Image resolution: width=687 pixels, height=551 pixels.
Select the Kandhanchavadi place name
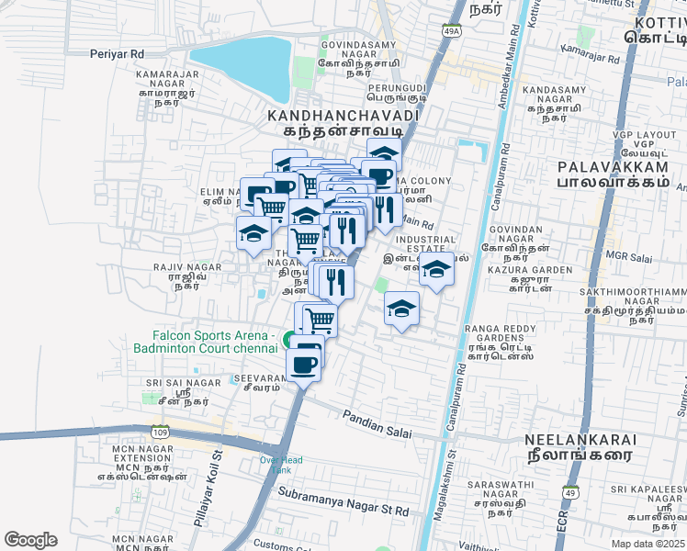pyautogui.click(x=343, y=117)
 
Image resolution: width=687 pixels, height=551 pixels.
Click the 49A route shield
pyautogui.click(x=451, y=31)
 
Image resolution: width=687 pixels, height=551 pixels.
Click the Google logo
pyautogui.click(x=30, y=539)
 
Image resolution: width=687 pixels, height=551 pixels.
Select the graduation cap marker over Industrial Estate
pyautogui.click(x=436, y=268)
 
